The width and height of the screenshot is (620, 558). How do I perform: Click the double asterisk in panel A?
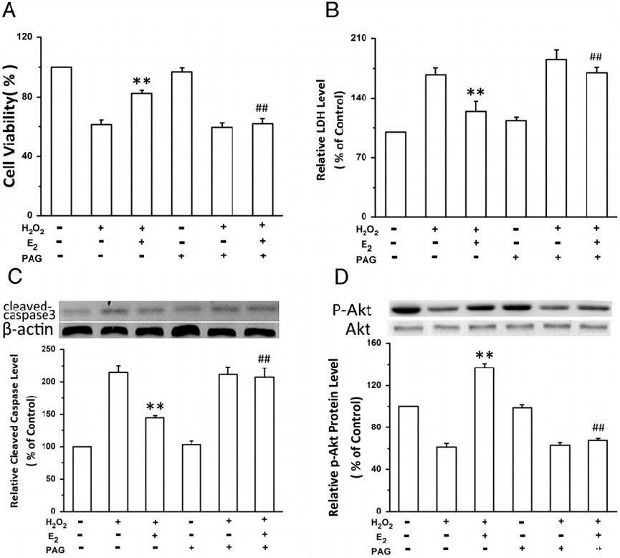(141, 81)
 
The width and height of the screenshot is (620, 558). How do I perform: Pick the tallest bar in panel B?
(556, 137)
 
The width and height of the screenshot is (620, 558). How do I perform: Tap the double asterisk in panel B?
(476, 93)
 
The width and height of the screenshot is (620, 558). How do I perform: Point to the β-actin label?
(27, 331)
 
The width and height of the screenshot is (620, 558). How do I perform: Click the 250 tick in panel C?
(48, 349)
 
